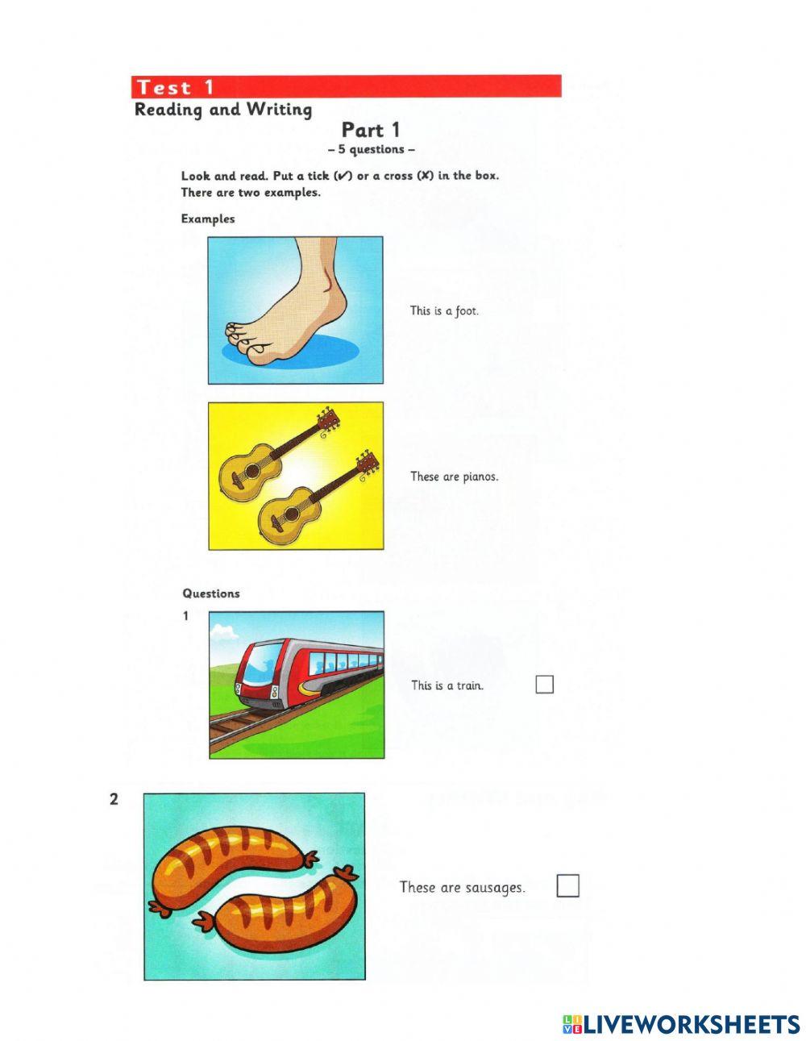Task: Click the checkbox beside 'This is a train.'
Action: point(545,685)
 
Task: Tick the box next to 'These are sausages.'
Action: point(568,886)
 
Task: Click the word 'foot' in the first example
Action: point(467,310)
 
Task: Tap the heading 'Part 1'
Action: point(370,130)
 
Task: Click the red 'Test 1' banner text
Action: point(175,87)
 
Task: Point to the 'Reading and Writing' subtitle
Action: point(223,110)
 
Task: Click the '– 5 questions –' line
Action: point(372,150)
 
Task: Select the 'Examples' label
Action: point(208,219)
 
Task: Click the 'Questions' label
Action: point(211,593)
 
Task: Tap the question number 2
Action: point(114,800)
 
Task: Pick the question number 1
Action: point(185,616)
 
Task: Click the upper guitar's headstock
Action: point(328,420)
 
